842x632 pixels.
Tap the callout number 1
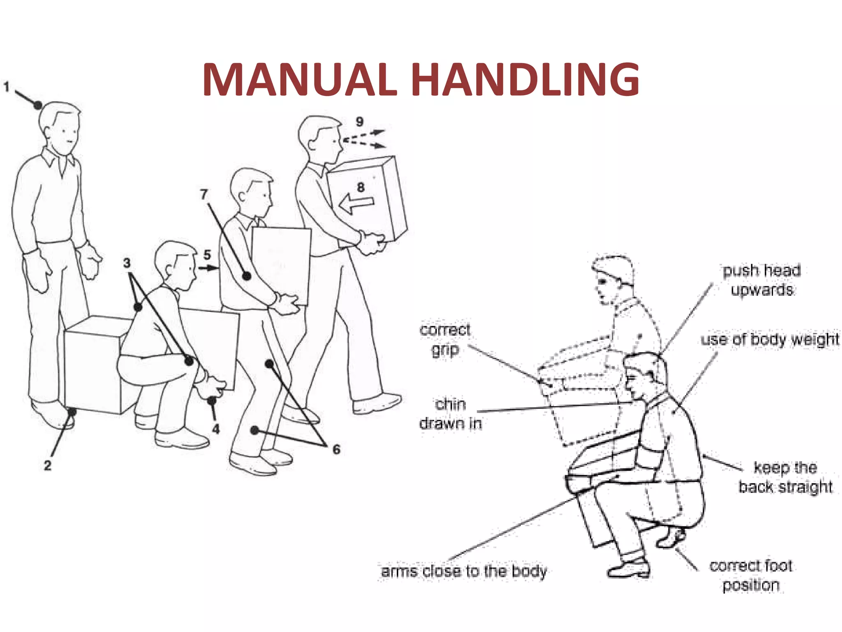coord(7,87)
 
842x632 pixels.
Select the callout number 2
coord(48,465)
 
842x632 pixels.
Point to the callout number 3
coord(127,263)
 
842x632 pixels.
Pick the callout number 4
coord(216,429)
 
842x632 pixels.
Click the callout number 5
coord(207,255)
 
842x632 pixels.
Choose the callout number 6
coord(336,449)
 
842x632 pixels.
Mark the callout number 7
coord(204,194)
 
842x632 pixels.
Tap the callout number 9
coord(360,122)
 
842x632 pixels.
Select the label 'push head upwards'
coord(762,280)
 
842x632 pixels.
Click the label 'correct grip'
coord(445,339)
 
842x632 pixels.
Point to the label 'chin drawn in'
coord(451,414)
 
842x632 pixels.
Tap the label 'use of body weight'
coord(770,339)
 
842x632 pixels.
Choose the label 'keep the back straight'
coord(785,477)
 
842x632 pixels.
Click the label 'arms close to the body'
coord(464,571)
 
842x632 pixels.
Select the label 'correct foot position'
coord(751,575)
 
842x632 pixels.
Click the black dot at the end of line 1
coord(38,105)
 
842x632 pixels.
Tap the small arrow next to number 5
coord(209,268)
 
